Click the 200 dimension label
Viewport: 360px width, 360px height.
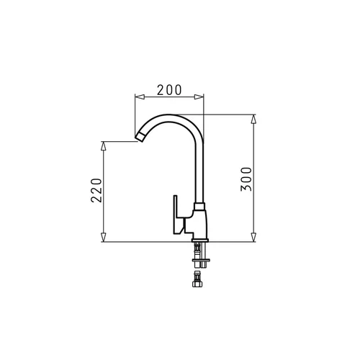[x=169, y=90]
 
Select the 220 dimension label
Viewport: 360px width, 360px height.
[x=96, y=190]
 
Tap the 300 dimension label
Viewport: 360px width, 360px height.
[x=246, y=179]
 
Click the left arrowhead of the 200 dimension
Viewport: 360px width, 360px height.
[x=140, y=96]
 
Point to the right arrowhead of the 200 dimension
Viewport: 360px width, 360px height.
[x=199, y=96]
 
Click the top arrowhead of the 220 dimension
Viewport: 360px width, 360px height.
[x=103, y=146]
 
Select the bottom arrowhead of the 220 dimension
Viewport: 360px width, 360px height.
[x=103, y=237]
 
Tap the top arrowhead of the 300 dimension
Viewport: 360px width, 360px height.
[x=253, y=120]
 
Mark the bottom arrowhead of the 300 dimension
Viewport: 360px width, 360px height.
[x=253, y=237]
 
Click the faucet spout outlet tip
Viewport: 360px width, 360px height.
[x=140, y=138]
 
